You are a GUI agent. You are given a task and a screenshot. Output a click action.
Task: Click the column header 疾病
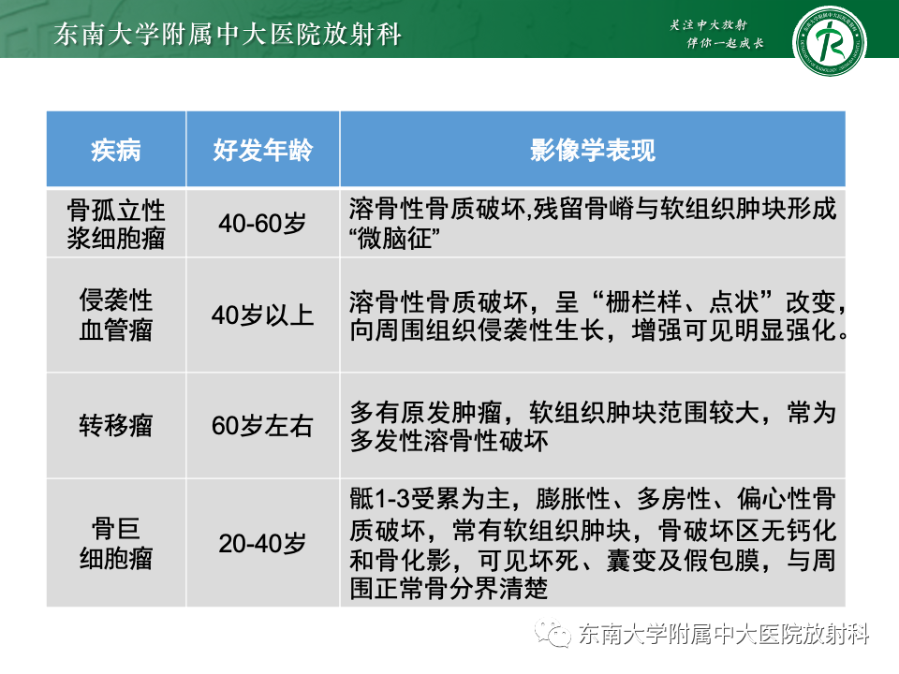pyautogui.click(x=116, y=150)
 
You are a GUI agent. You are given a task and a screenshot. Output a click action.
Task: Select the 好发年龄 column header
pyautogui.click(x=262, y=150)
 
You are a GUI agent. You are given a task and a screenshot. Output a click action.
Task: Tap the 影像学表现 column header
pyautogui.click(x=592, y=150)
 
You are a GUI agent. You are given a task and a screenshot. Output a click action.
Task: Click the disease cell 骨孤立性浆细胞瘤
pyautogui.click(x=116, y=223)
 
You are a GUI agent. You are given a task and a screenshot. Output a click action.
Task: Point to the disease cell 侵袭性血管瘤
pyautogui.click(x=116, y=315)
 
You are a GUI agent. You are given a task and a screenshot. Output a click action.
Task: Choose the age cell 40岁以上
pyautogui.click(x=262, y=315)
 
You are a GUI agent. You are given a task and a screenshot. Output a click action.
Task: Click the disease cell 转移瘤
pyautogui.click(x=116, y=426)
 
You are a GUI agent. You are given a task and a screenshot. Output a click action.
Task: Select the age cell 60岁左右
pyautogui.click(x=262, y=426)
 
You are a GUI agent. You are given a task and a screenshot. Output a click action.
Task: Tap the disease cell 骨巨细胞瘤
pyautogui.click(x=116, y=543)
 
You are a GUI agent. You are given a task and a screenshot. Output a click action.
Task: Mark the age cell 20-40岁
pyautogui.click(x=262, y=543)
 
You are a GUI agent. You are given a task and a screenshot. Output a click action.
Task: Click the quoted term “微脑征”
pyautogui.click(x=398, y=238)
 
